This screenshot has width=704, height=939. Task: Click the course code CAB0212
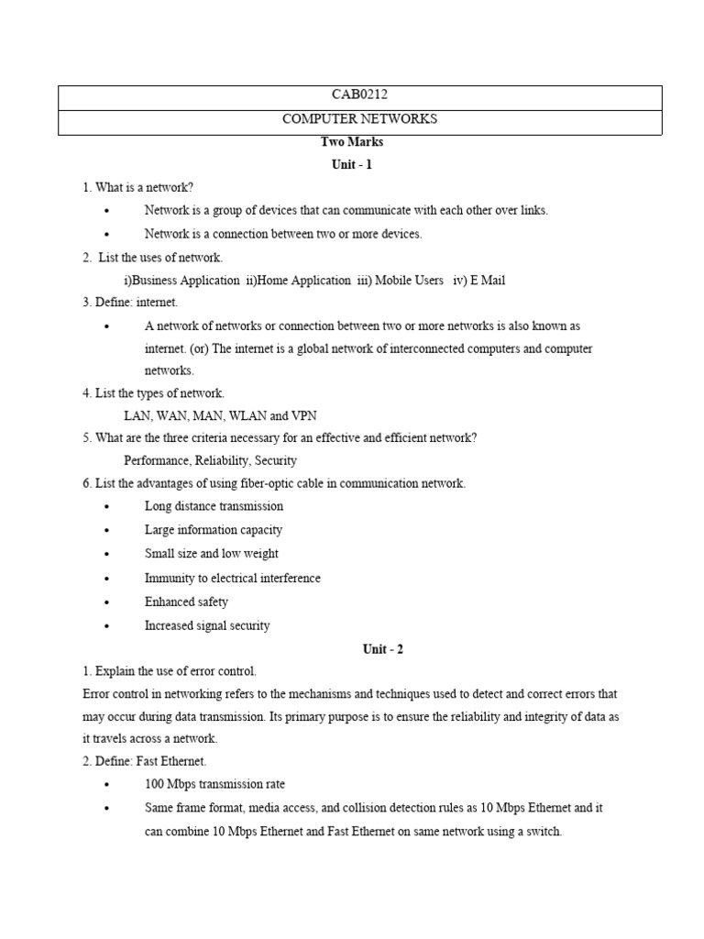tap(359, 95)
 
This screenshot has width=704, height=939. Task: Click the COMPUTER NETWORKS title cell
tap(359, 119)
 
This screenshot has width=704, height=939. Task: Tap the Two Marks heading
tap(352, 142)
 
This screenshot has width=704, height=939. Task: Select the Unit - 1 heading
tap(352, 165)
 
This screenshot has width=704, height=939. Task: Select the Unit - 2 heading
tap(382, 649)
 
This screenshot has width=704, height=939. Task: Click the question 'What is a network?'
tap(138, 188)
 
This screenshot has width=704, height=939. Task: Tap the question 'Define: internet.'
tap(130, 302)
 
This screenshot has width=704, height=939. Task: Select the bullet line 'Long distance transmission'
tap(214, 506)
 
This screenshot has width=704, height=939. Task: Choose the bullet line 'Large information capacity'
tap(214, 530)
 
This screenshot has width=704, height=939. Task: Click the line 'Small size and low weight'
tap(212, 554)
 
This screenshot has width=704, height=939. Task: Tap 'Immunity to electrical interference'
tap(233, 579)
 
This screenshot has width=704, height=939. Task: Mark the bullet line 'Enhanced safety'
tap(186, 602)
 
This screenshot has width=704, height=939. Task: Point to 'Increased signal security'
tap(207, 625)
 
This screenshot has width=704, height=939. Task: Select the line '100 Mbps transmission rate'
tap(214, 784)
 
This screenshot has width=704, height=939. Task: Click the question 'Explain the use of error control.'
tap(170, 671)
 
